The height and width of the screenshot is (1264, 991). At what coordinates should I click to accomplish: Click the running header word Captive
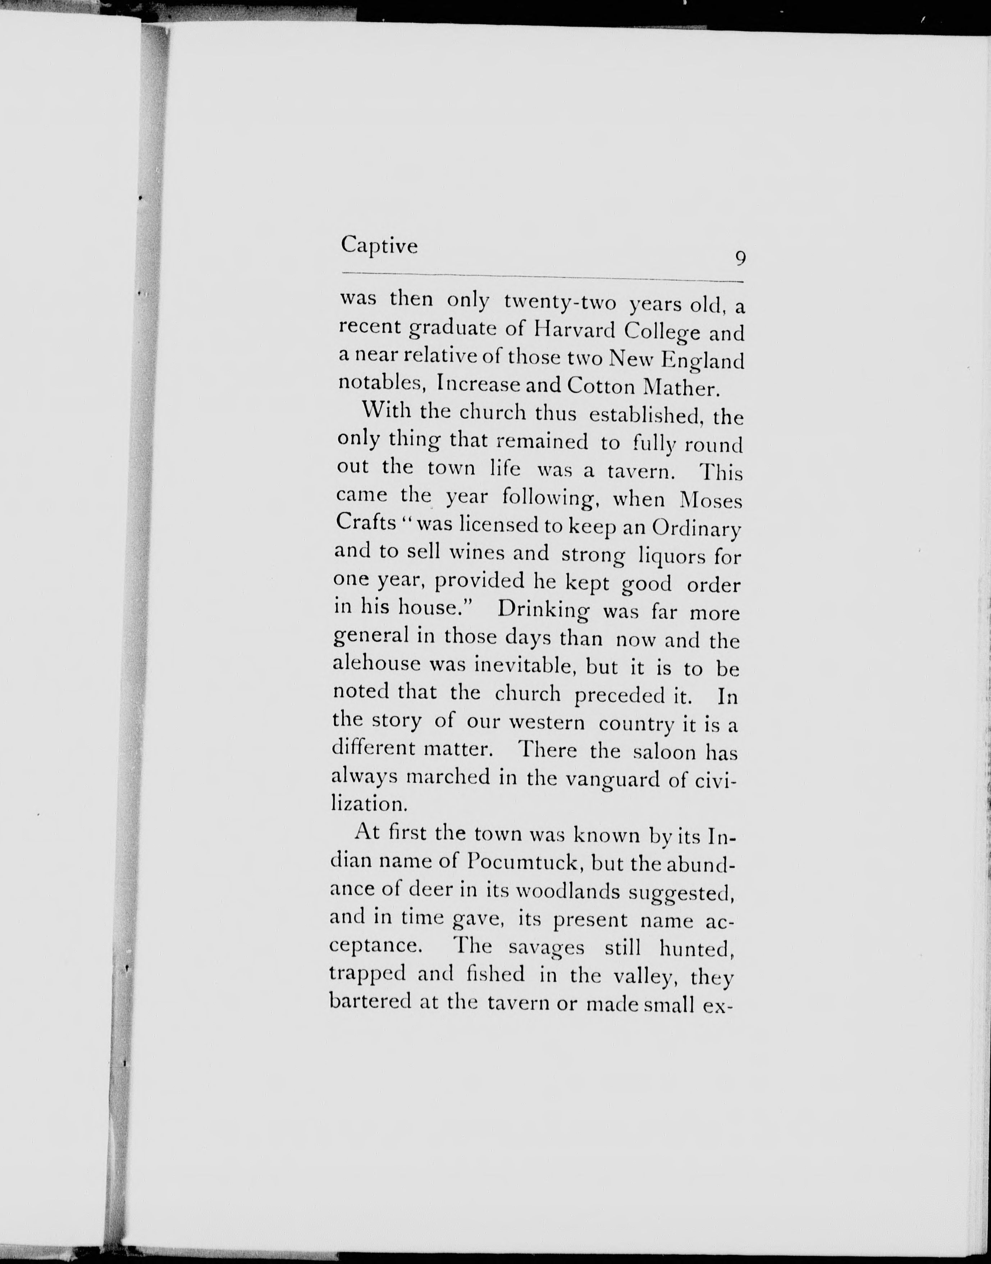[379, 245]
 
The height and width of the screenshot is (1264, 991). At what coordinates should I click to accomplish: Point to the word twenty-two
[560, 302]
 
